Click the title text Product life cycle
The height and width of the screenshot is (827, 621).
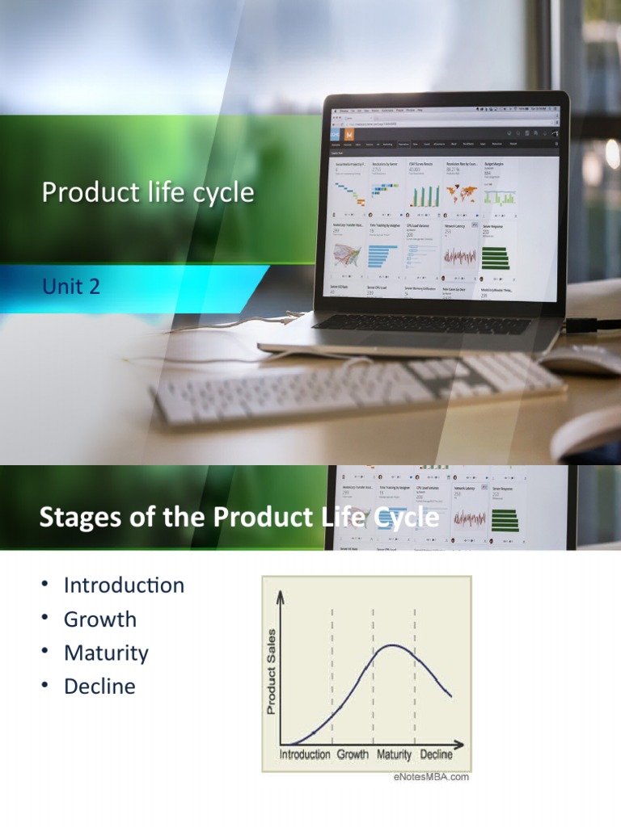[x=147, y=193]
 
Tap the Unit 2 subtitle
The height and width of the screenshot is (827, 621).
[x=71, y=286]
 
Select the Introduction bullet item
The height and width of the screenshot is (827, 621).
[x=124, y=585]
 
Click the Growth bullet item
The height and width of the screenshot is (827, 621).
[x=100, y=619]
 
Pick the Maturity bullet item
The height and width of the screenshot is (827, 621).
[x=106, y=653]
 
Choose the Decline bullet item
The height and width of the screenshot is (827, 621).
[x=99, y=686]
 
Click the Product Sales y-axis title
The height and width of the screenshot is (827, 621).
[x=272, y=671]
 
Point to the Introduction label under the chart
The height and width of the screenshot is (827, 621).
[x=305, y=755]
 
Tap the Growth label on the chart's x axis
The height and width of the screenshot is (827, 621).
[x=353, y=755]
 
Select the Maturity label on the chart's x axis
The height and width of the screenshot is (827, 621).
[x=394, y=755]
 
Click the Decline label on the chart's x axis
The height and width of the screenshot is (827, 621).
[x=436, y=755]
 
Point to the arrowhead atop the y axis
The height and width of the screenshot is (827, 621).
[x=281, y=595]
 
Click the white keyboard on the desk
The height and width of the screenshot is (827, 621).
[x=356, y=388]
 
